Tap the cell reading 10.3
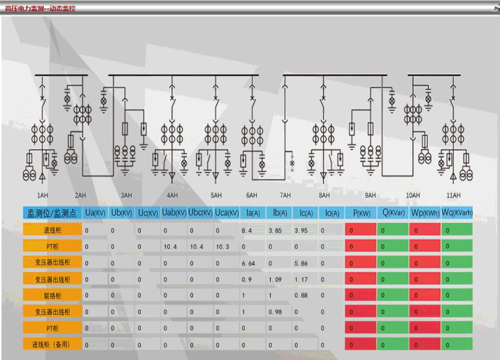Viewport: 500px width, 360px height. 223,247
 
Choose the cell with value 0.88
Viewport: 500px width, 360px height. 302,295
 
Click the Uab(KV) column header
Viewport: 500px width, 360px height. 174,213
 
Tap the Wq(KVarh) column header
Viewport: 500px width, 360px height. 457,213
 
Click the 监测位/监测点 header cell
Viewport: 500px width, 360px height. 52,213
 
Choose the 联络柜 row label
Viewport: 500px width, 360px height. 52,295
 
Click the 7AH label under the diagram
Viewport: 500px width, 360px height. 286,195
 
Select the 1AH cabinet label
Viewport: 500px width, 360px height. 42,195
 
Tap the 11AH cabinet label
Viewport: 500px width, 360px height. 454,195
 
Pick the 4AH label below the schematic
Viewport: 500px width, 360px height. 172,195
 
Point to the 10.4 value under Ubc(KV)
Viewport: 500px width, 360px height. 196,247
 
